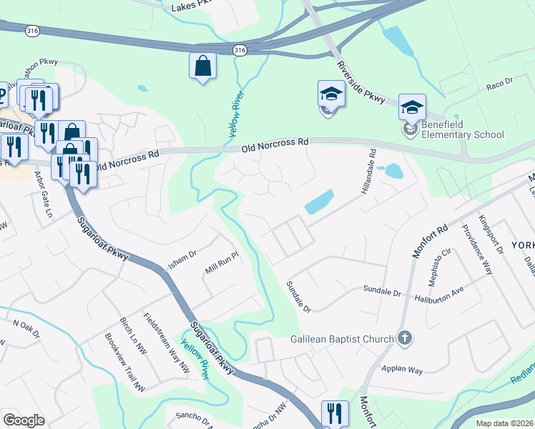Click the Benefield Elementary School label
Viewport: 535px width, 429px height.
(463, 129)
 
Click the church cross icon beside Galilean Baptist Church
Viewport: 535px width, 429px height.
(405, 337)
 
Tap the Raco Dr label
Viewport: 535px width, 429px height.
(500, 84)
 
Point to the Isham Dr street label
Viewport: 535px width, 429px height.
(182, 255)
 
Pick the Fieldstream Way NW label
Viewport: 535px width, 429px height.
(166, 342)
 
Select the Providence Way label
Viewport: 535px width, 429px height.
(476, 250)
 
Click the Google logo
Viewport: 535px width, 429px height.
(24, 420)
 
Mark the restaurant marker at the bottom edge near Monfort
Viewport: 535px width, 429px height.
(334, 413)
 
